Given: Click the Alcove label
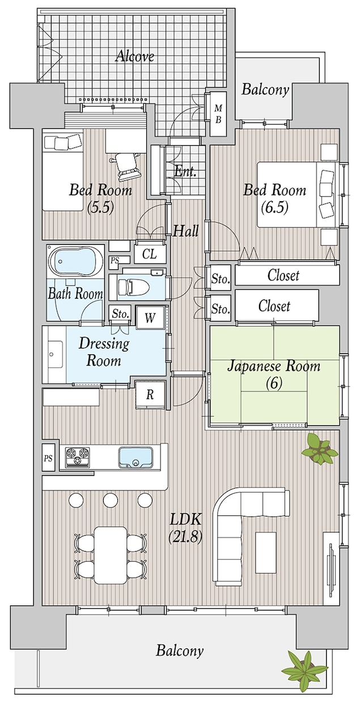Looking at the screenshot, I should (x=135, y=56).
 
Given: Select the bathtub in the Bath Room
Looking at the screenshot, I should (x=74, y=262).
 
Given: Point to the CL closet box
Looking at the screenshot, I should (x=150, y=254).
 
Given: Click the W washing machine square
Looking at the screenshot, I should (x=150, y=317).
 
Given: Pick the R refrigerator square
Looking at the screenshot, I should (x=150, y=395).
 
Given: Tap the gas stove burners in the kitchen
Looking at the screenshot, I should (x=78, y=457).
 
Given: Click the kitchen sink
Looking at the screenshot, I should (x=135, y=457).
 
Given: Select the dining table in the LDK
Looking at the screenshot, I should (x=111, y=554).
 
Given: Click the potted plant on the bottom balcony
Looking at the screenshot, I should (x=304, y=671).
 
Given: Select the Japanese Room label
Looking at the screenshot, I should (x=274, y=374).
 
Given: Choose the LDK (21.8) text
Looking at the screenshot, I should (x=185, y=527).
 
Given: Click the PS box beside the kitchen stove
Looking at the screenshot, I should (x=49, y=459).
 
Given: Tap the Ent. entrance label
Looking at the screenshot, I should (x=185, y=171).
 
